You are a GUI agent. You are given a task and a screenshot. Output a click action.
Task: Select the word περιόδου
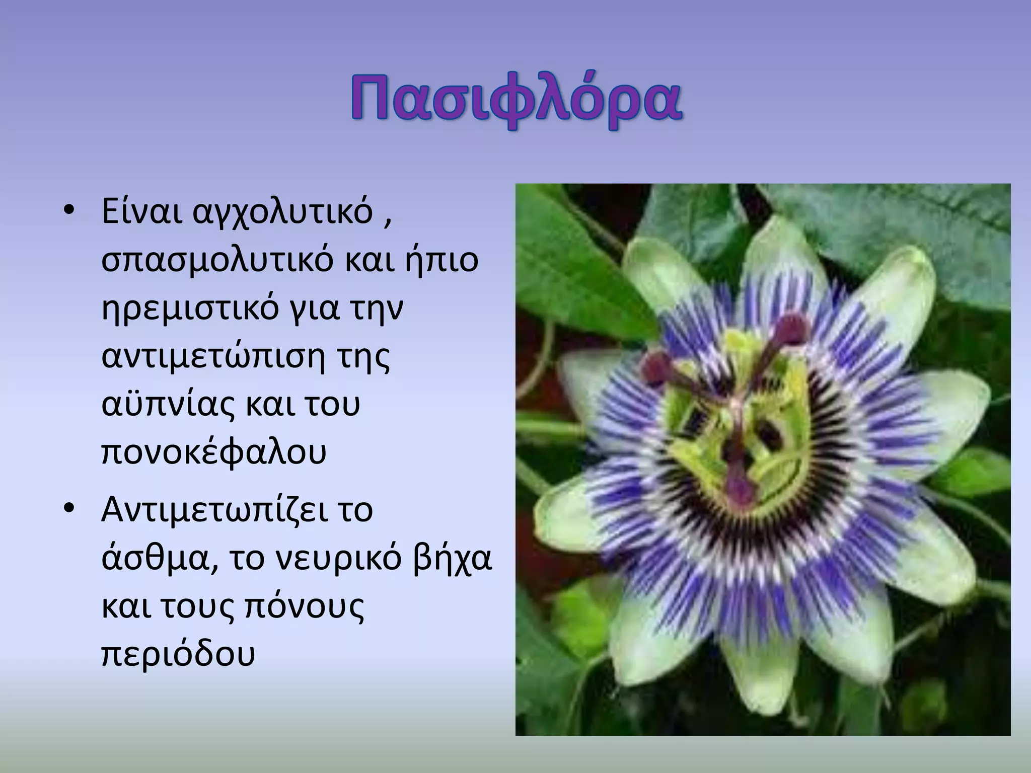[x=178, y=655]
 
